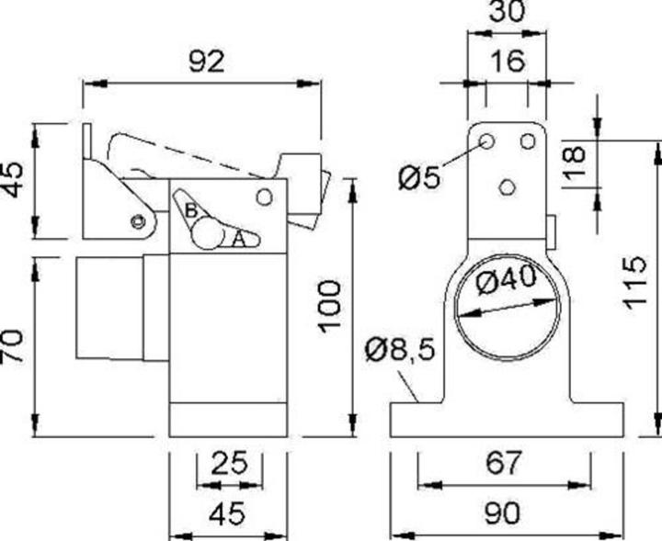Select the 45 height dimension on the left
[13, 179]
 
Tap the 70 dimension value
[13, 346]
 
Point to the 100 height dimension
[330, 305]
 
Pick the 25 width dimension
[229, 461]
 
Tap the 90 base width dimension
[504, 513]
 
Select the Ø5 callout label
[420, 176]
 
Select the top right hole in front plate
[528, 141]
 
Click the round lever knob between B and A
[208, 236]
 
